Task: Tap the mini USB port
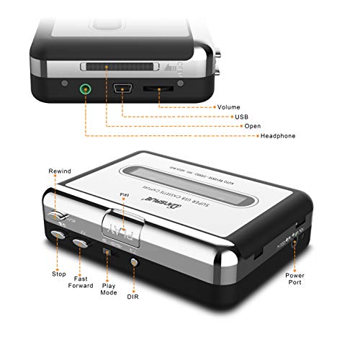tap(122, 90)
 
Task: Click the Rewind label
tap(60, 171)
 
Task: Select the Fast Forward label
tap(81, 282)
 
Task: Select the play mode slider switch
tap(107, 253)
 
